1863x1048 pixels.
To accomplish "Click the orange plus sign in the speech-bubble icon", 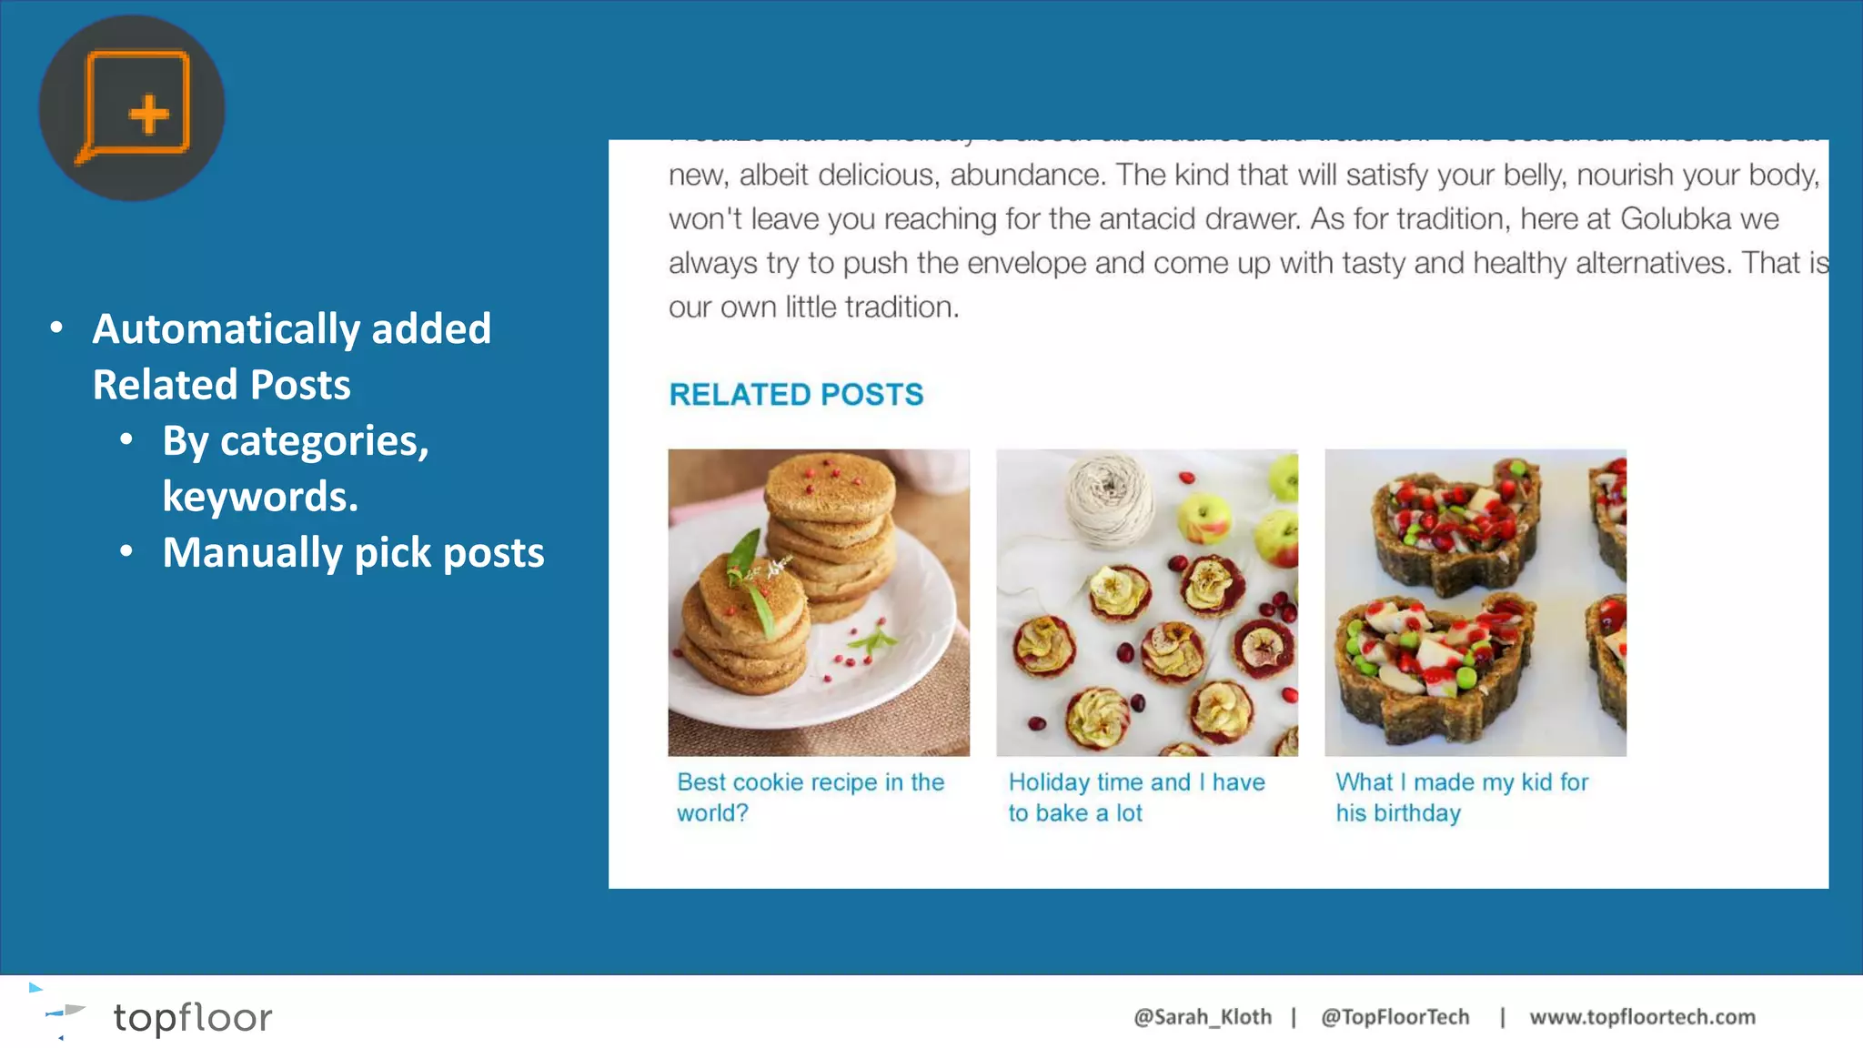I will (x=149, y=115).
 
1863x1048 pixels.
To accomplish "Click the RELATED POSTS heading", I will (x=796, y=395).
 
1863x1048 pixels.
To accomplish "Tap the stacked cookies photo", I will (x=819, y=602).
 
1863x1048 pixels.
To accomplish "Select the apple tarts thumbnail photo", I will (x=1147, y=602).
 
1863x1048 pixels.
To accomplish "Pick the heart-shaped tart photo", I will (x=1475, y=602).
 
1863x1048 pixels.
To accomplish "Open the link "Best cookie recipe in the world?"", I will (x=810, y=797).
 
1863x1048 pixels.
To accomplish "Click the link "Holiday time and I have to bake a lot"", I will (x=1136, y=797).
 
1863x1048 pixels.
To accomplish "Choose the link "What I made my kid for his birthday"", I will (x=1461, y=797).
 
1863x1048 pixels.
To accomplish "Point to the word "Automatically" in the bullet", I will (x=227, y=329).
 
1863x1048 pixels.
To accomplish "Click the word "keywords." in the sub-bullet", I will (x=260, y=497).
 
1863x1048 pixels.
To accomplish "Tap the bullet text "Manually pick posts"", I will (x=353, y=553).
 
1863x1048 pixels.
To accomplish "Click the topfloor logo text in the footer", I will (x=192, y=1017).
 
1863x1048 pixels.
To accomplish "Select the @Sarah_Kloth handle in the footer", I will (x=1202, y=1017).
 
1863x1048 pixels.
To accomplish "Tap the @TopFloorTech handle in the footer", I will (x=1395, y=1017).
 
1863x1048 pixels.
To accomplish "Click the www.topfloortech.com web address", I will (x=1642, y=1017).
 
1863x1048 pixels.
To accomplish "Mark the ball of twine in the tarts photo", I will (x=1109, y=500).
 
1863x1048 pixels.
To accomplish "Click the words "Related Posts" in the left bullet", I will (x=221, y=385).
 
